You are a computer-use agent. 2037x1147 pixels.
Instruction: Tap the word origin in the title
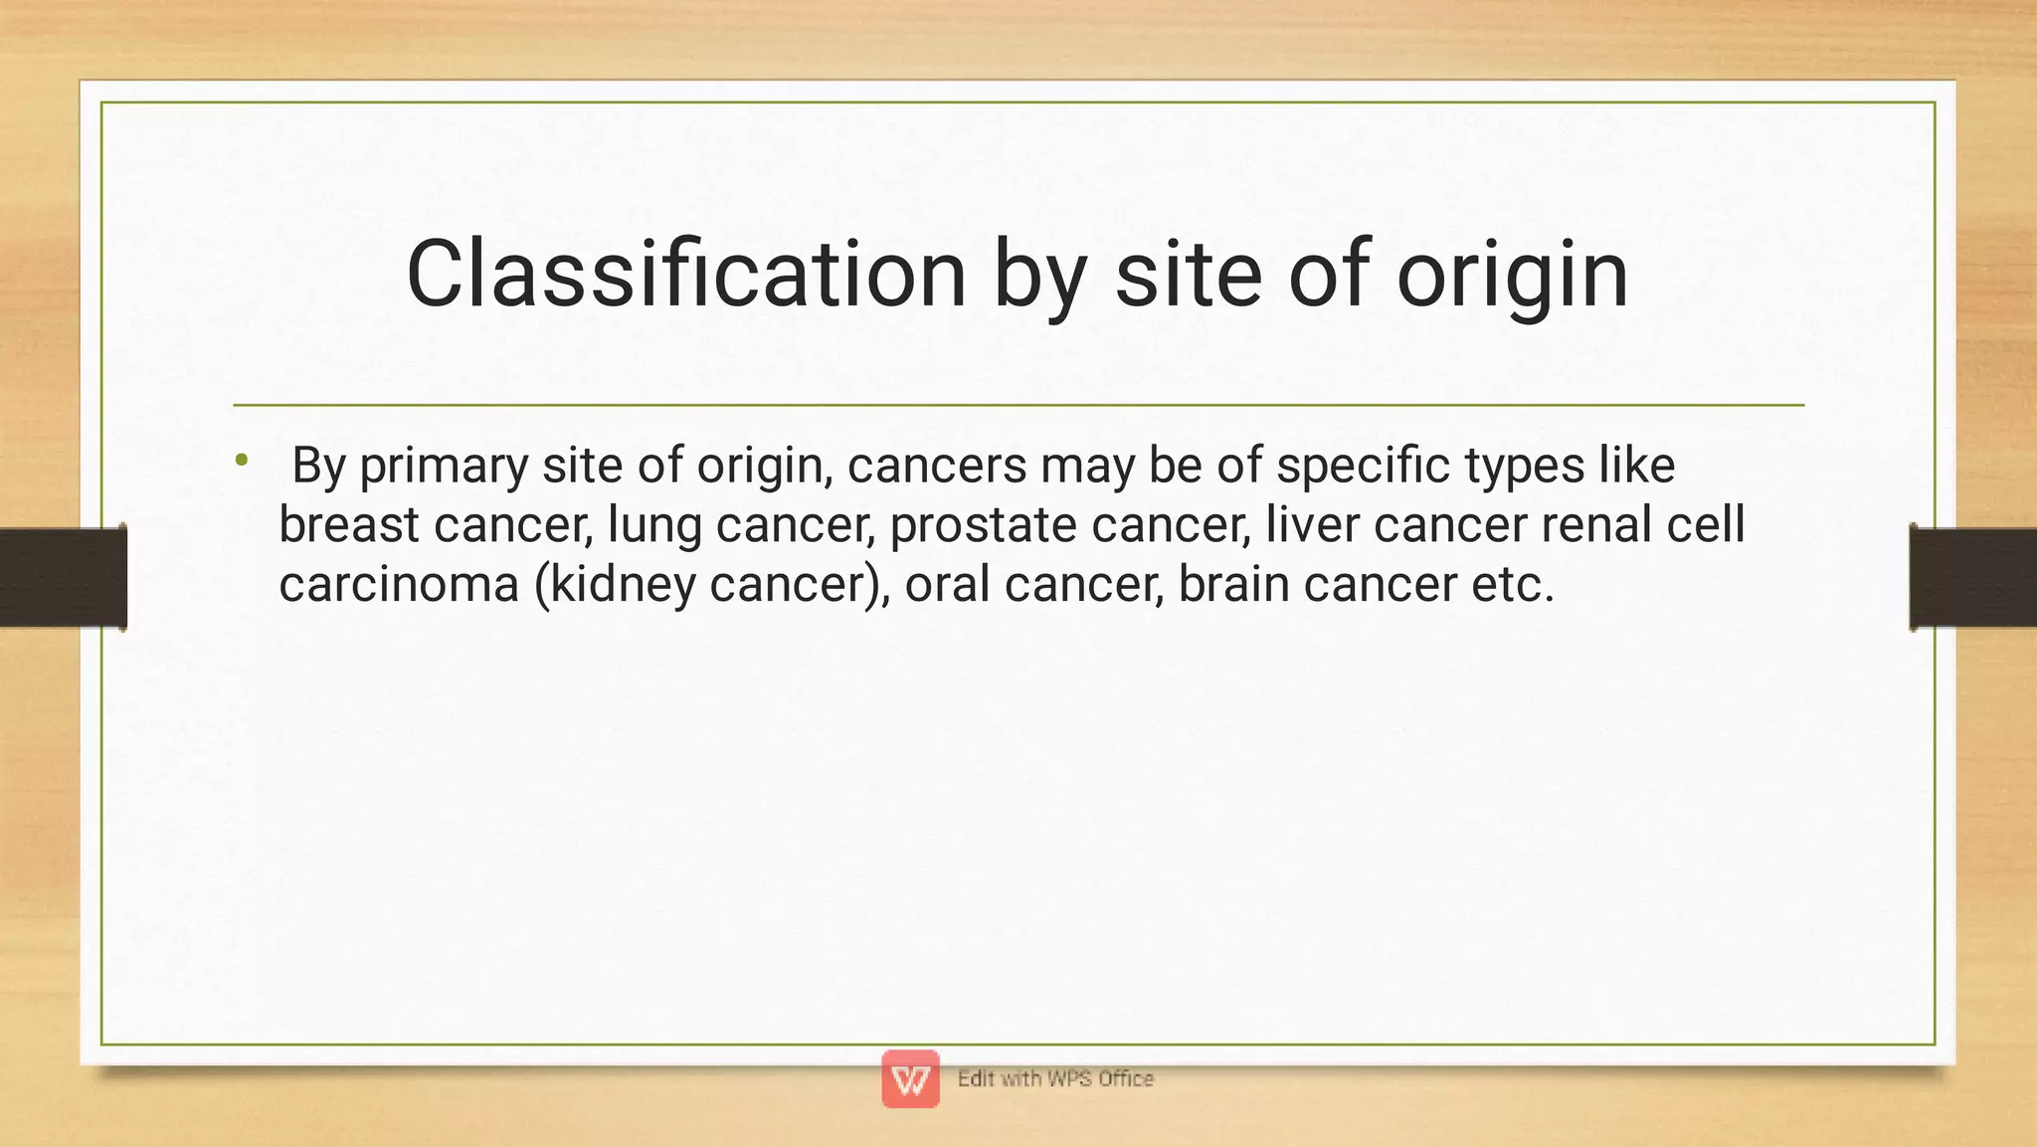click(x=1512, y=275)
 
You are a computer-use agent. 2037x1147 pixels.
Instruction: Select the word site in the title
click(x=1189, y=275)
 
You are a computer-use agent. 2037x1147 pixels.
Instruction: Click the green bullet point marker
click(x=242, y=460)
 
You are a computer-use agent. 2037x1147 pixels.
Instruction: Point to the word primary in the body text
click(x=444, y=466)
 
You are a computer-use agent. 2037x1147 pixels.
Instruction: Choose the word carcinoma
click(x=399, y=584)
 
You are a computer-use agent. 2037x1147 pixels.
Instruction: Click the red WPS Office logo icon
click(x=910, y=1078)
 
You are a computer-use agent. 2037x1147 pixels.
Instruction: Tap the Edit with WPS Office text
click(x=1055, y=1078)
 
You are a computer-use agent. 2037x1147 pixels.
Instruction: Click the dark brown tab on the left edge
click(x=62, y=577)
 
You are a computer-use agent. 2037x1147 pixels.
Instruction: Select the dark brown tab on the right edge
click(x=1973, y=577)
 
